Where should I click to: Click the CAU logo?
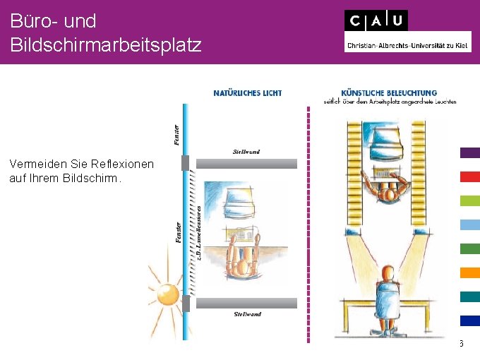coord(376,20)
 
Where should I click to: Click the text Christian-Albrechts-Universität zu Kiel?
coord(407,47)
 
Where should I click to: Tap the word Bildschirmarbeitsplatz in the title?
coord(106,45)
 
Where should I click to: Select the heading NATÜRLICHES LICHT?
coord(247,92)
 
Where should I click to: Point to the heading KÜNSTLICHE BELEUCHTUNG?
coord(389,92)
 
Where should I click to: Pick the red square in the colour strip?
coord(469,176)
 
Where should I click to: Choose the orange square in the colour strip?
coord(469,272)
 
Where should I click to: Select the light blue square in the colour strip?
coord(469,224)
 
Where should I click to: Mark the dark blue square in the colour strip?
coord(469,320)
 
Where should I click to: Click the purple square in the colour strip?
coord(469,152)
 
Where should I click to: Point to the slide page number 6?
coord(460,344)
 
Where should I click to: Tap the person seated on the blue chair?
coord(387,293)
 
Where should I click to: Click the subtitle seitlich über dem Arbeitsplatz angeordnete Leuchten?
coord(390,102)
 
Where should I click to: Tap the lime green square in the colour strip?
coord(469,200)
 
